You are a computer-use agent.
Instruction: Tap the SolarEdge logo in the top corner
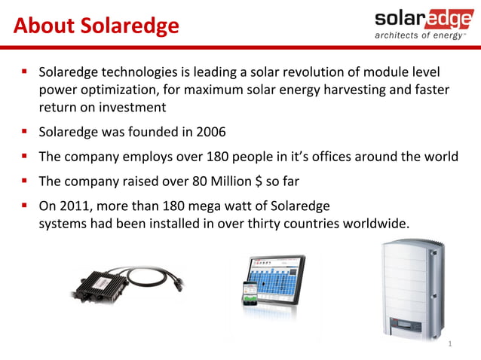point(423,18)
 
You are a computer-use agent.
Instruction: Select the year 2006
point(210,133)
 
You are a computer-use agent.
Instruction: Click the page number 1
point(449,343)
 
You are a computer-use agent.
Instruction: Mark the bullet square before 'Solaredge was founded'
point(25,133)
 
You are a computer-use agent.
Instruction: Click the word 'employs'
point(158,157)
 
